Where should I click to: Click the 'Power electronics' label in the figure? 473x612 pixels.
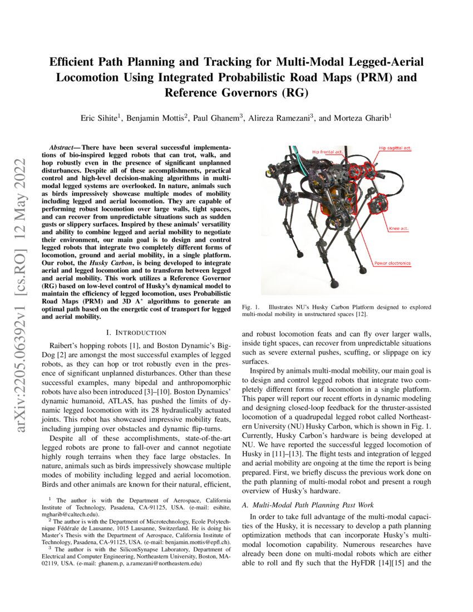tap(392, 263)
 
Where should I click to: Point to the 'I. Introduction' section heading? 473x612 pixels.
tap(136, 333)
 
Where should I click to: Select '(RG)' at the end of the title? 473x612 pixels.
tap(292, 92)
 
